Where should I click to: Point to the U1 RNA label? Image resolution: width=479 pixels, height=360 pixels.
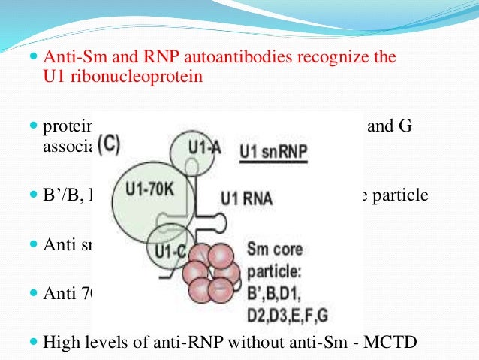click(x=246, y=199)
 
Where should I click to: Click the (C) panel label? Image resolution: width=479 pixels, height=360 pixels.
click(x=109, y=144)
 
